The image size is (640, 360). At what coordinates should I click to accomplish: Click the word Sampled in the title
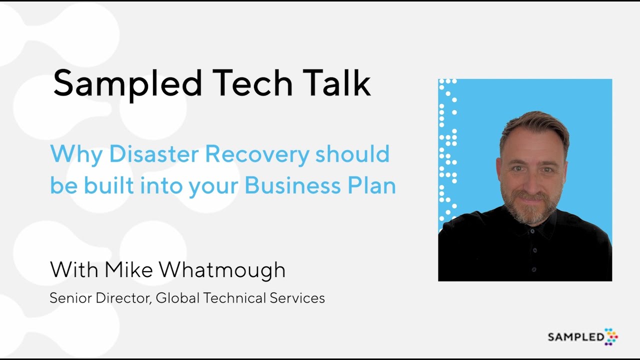coord(127,83)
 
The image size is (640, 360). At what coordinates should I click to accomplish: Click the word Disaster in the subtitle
coord(154,153)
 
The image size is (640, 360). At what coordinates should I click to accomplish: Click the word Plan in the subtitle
coord(371,185)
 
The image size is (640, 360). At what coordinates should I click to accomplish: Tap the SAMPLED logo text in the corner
coord(575,337)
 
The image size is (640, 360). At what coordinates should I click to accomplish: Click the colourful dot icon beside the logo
coord(611,336)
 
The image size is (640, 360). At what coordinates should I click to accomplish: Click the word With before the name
coord(74,270)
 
